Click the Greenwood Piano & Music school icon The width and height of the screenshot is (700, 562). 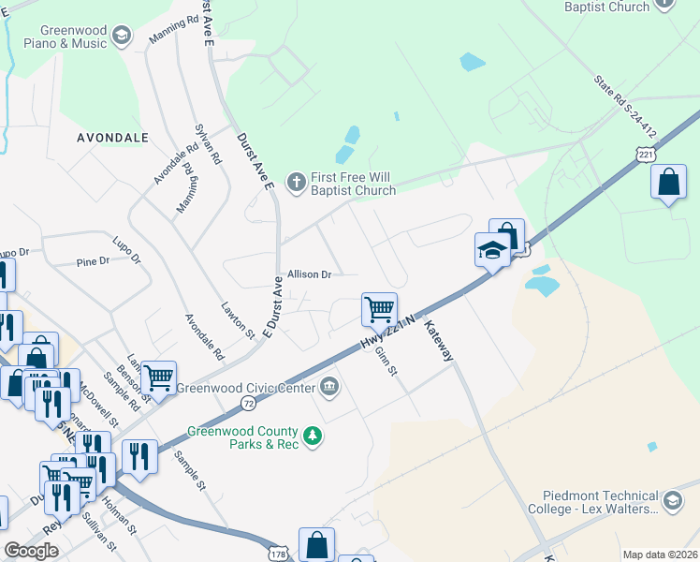(121, 37)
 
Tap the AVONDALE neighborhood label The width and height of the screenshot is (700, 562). (112, 137)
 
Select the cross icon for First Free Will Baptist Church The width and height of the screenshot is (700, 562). (297, 182)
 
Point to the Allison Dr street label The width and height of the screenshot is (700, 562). (310, 274)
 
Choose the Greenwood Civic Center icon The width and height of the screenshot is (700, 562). (329, 386)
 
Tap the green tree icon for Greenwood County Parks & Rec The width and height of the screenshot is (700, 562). (314, 436)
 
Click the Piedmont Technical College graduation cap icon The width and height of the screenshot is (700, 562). (671, 502)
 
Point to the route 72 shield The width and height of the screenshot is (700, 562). (248, 402)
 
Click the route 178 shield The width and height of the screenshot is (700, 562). (278, 553)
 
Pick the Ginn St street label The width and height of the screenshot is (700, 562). (385, 359)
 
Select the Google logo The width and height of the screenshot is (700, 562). (31, 551)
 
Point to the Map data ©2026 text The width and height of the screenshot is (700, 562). (661, 555)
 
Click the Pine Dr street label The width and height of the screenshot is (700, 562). (93, 262)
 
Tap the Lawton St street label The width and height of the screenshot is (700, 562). (238, 318)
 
